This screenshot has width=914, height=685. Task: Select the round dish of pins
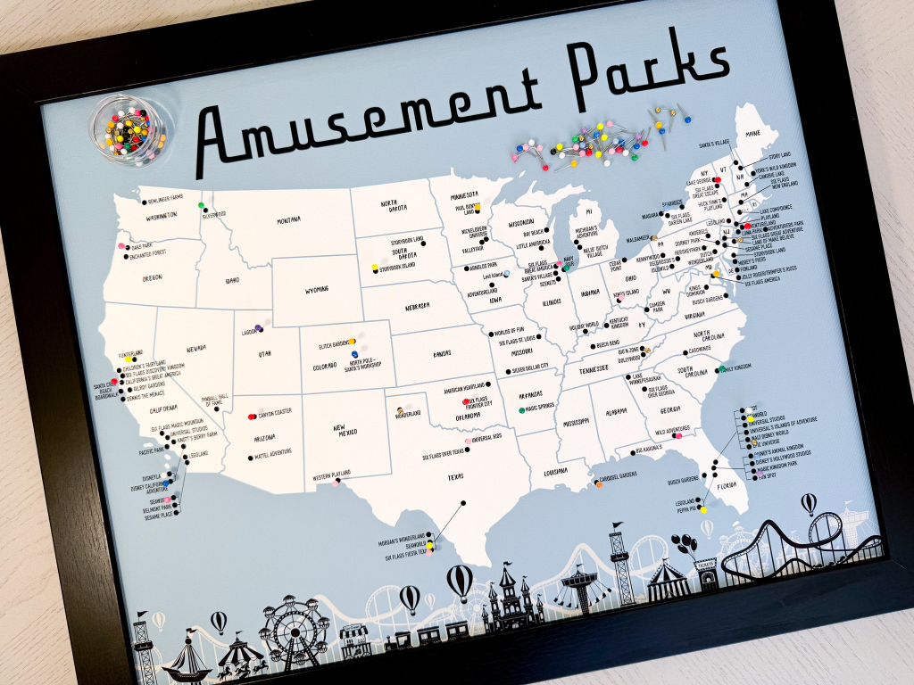coord(129,128)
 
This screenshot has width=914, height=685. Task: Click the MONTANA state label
coord(287,219)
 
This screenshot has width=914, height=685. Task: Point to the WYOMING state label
coord(316,289)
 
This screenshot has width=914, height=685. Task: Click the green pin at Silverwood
coord(201,206)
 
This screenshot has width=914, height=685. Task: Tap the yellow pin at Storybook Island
coord(375,268)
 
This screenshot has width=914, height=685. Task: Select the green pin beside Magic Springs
coord(520,409)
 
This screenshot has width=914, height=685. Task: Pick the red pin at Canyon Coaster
coord(252,417)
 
